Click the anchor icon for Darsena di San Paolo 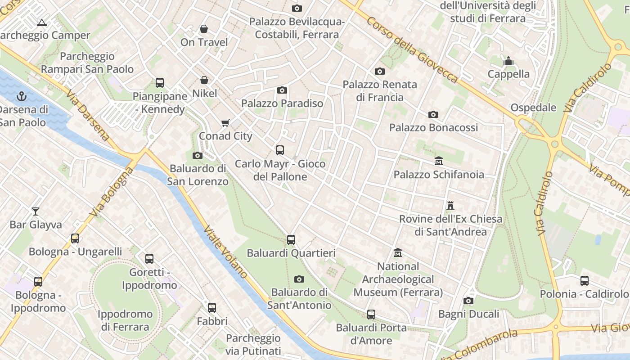[21, 96]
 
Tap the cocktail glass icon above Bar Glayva [36, 211]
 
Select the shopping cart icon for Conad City [225, 123]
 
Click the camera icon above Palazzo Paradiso [282, 90]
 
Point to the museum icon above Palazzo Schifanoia [439, 161]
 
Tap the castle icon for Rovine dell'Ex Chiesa [450, 206]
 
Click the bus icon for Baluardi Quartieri [291, 240]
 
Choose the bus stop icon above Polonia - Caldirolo [585, 281]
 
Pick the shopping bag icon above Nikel [204, 80]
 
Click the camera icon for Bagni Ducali [468, 301]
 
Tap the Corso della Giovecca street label [412, 50]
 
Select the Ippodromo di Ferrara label [125, 320]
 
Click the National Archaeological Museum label [398, 279]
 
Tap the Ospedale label [533, 108]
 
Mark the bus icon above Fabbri [212, 308]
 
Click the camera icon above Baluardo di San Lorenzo [197, 156]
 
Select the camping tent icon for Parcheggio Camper [42, 22]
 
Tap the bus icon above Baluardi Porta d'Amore [371, 315]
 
